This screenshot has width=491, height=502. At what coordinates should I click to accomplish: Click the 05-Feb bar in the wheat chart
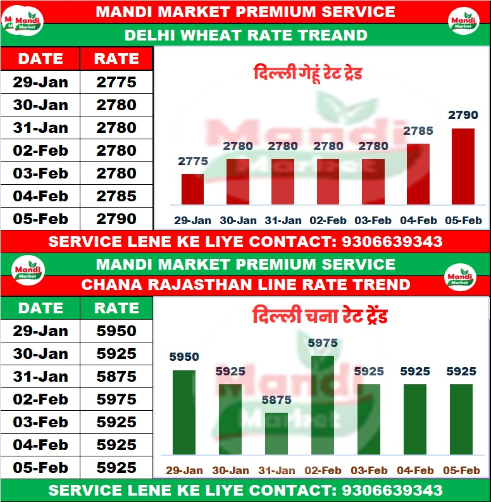(463, 166)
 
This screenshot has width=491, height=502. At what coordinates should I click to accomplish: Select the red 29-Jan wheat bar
(192, 189)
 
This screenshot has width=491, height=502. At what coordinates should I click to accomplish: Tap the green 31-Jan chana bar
(276, 434)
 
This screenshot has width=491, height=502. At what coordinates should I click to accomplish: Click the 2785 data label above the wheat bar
(418, 132)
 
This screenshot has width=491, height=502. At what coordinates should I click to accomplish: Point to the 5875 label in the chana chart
(276, 400)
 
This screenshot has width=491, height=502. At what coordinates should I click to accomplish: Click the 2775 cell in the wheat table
(116, 82)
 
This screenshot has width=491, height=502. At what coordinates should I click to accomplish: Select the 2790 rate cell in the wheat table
(116, 219)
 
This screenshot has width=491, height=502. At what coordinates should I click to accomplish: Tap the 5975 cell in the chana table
(116, 399)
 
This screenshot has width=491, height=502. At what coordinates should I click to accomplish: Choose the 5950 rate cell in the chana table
(116, 331)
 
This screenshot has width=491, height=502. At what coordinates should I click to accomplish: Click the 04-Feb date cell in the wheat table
(40, 196)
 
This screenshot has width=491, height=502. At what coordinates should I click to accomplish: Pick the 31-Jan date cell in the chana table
(40, 377)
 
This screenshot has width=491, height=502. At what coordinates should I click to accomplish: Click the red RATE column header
(116, 59)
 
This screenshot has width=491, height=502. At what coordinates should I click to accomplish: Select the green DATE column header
(40, 308)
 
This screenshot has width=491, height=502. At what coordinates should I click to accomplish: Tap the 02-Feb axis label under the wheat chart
(328, 220)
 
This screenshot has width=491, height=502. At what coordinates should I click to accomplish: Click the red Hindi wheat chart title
(308, 73)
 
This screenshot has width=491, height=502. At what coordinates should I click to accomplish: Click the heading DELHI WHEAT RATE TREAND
(245, 35)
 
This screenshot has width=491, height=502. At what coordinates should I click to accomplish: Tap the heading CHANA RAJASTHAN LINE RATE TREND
(245, 285)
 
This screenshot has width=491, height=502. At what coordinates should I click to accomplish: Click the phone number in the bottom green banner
(392, 490)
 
